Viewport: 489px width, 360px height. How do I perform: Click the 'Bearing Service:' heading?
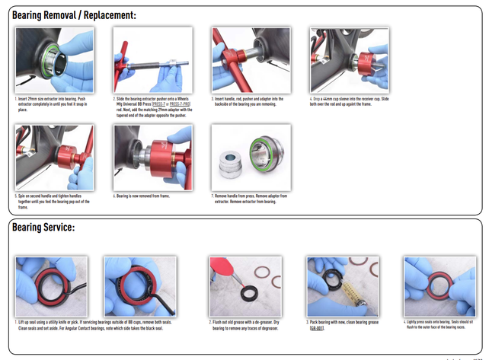coord(43,227)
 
